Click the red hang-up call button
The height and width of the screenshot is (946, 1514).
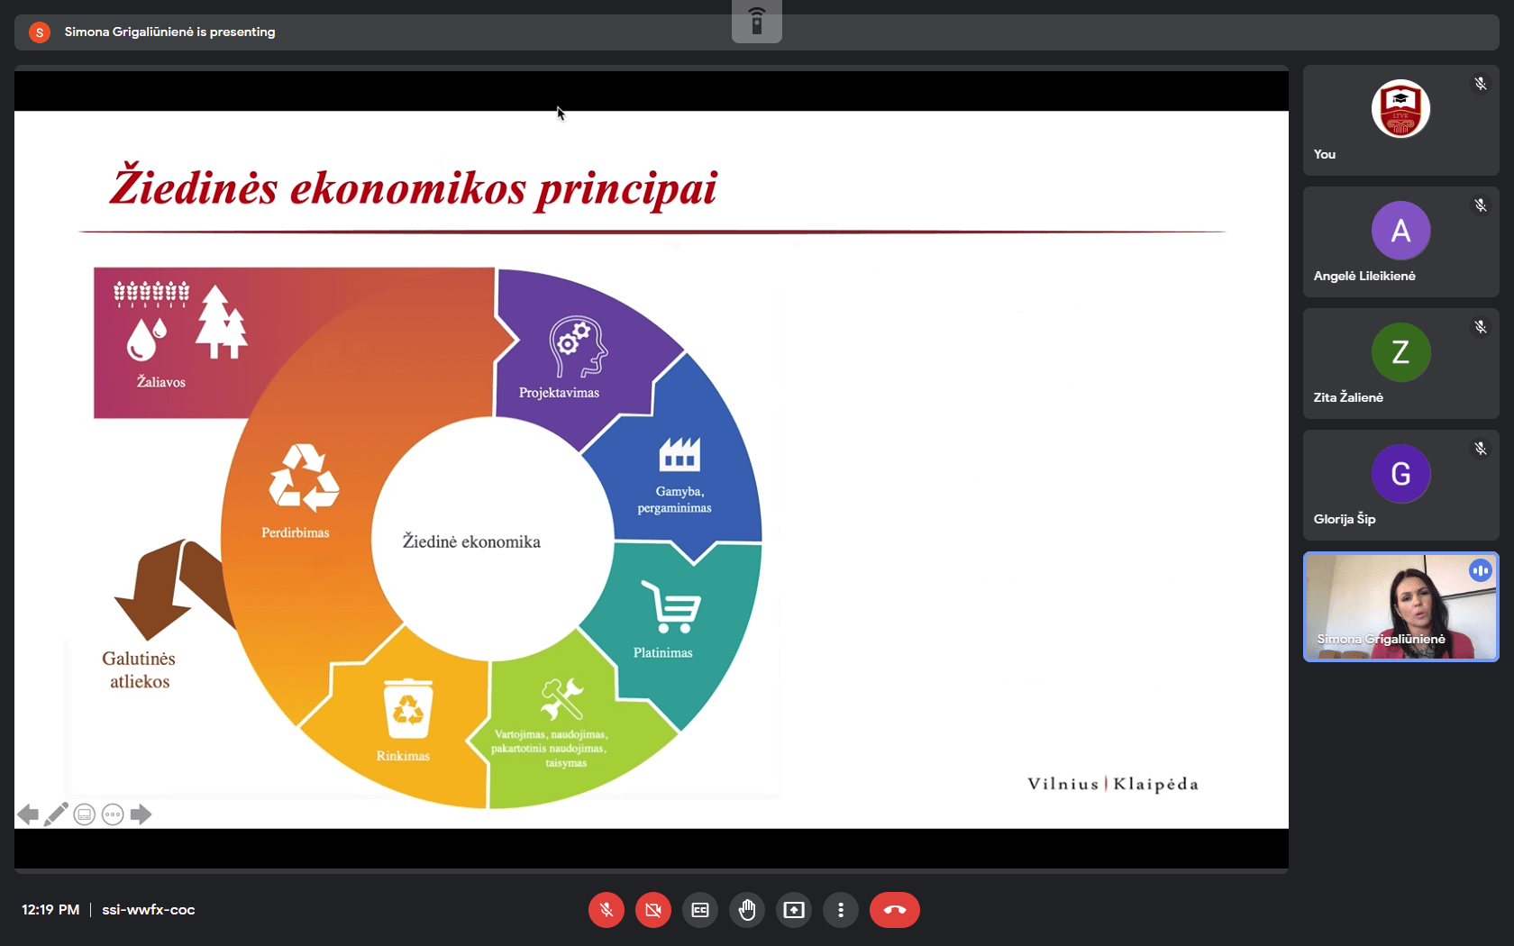[x=894, y=910]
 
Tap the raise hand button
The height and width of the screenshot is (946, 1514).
[x=747, y=910]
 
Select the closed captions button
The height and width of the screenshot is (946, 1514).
[x=699, y=910]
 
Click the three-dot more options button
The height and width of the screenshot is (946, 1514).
[x=841, y=910]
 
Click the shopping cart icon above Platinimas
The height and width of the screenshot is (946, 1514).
[x=671, y=607]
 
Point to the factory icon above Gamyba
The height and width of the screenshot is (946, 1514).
[x=679, y=453]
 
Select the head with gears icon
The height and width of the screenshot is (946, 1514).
[x=578, y=347]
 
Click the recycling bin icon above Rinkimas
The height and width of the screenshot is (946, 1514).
[x=408, y=708]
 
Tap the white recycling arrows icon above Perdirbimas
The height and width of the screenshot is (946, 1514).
[x=304, y=478]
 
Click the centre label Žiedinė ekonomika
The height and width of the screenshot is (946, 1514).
[x=472, y=542]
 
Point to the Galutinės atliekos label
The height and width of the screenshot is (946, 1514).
[x=139, y=669]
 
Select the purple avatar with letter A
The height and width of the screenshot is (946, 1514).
[x=1400, y=231]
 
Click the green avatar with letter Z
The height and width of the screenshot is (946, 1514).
[x=1400, y=352]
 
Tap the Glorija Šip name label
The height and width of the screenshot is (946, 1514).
[x=1345, y=519]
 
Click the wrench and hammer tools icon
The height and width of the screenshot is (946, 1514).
[x=561, y=699]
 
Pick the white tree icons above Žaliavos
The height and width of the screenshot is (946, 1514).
[x=221, y=322]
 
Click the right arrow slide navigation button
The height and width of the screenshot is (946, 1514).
[x=141, y=814]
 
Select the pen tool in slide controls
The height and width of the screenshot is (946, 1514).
[x=56, y=814]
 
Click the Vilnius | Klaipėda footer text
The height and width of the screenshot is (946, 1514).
[x=1113, y=784]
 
